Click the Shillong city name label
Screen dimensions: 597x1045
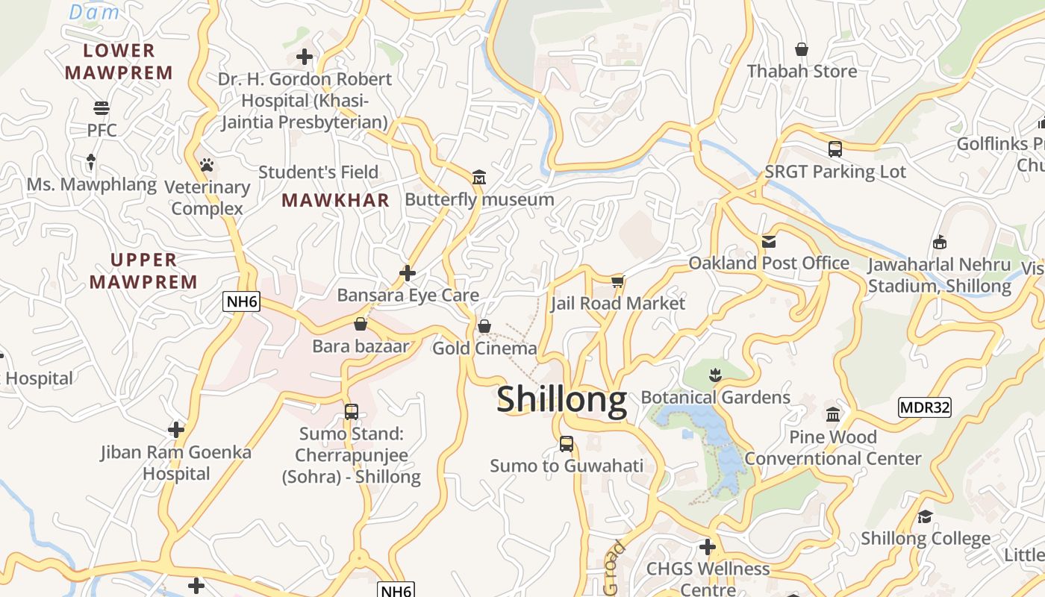pyautogui.click(x=561, y=399)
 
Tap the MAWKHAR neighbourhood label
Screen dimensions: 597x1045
pyautogui.click(x=336, y=200)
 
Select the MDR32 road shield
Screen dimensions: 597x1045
pyautogui.click(x=925, y=407)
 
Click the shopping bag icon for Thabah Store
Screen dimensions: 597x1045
pyautogui.click(x=802, y=49)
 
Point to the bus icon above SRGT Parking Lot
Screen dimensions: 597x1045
pyautogui.click(x=835, y=149)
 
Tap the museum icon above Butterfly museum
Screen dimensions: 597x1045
pyautogui.click(x=479, y=177)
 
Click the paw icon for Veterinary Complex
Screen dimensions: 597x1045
pyautogui.click(x=207, y=164)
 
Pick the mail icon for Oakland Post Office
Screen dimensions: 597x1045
pyautogui.click(x=769, y=241)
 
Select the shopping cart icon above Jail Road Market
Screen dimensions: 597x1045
pyautogui.click(x=617, y=281)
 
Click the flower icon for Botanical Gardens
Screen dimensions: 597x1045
pyautogui.click(x=715, y=373)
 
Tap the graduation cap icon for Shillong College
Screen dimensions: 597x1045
pyautogui.click(x=925, y=516)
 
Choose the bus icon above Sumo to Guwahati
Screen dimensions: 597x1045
pyautogui.click(x=567, y=443)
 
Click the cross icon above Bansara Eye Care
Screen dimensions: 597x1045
pyautogui.click(x=408, y=272)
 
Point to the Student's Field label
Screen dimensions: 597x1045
pyautogui.click(x=319, y=172)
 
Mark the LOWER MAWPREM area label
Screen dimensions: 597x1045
pyautogui.click(x=119, y=61)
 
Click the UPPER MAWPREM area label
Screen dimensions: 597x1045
pyautogui.click(x=144, y=271)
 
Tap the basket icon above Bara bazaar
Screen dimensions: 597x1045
pyautogui.click(x=361, y=324)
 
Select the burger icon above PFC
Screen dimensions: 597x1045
pyautogui.click(x=102, y=108)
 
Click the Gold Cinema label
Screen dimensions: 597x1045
pyautogui.click(x=484, y=348)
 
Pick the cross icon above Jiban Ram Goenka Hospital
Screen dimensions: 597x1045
pyautogui.click(x=176, y=430)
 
